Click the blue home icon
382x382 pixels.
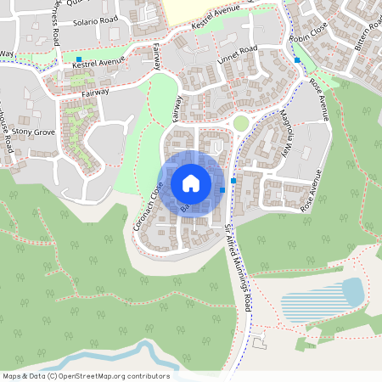pos(191,183)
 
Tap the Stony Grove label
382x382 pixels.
pos(32,133)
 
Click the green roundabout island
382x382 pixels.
pos(241,123)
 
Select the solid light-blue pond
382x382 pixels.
pos(351,291)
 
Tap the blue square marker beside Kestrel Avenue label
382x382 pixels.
pos(79,58)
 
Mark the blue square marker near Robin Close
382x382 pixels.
pos(296,60)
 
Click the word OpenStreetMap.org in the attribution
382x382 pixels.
pos(99,376)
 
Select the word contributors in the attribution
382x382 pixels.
pos(149,376)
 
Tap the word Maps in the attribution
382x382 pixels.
pos(12,376)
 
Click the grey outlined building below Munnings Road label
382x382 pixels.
pos(258,339)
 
